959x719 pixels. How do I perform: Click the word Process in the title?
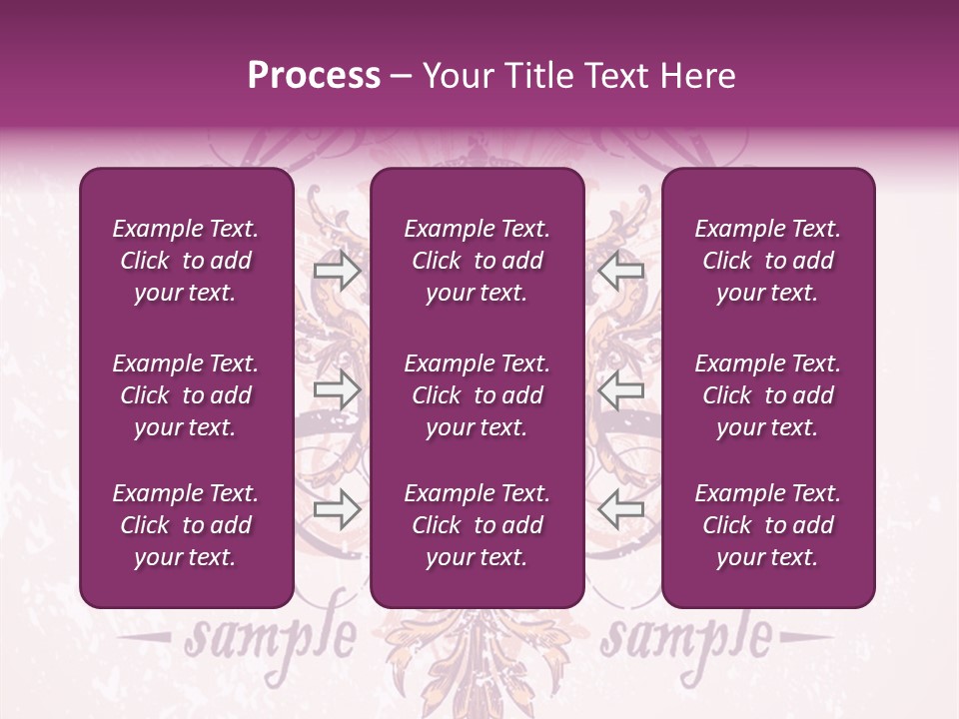click(x=314, y=76)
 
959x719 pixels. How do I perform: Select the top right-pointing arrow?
click(x=337, y=271)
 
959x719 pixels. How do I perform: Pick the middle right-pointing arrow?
click(x=337, y=389)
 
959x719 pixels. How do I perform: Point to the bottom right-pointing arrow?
click(x=337, y=509)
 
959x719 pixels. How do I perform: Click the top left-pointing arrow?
click(x=621, y=271)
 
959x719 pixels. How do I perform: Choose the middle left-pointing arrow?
click(x=621, y=389)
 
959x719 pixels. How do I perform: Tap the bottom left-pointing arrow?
click(x=621, y=509)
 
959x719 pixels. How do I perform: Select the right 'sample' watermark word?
click(x=687, y=636)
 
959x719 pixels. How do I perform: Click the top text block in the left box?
click(x=186, y=261)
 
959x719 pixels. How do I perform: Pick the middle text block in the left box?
click(x=186, y=395)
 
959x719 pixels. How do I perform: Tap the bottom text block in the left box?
click(x=186, y=525)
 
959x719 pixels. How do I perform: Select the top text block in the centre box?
click(x=478, y=261)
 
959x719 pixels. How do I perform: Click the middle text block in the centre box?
click(x=478, y=395)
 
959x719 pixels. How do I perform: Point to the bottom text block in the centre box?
click(x=478, y=525)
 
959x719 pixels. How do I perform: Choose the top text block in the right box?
click(x=768, y=261)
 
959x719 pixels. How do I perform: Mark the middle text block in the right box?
click(x=768, y=395)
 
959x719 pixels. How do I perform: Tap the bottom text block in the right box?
click(x=768, y=525)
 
